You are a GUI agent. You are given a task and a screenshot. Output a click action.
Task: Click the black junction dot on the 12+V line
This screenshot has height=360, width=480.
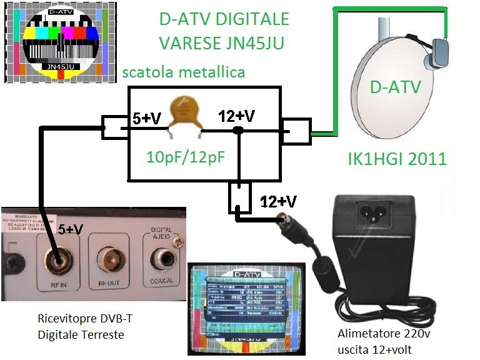click(237, 131)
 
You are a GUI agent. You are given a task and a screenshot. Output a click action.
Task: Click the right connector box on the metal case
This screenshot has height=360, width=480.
click(295, 131)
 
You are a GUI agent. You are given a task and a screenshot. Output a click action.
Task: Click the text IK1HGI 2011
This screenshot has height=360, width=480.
click(397, 158)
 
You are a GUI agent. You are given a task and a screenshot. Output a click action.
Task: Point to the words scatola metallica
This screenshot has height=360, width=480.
click(183, 72)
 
